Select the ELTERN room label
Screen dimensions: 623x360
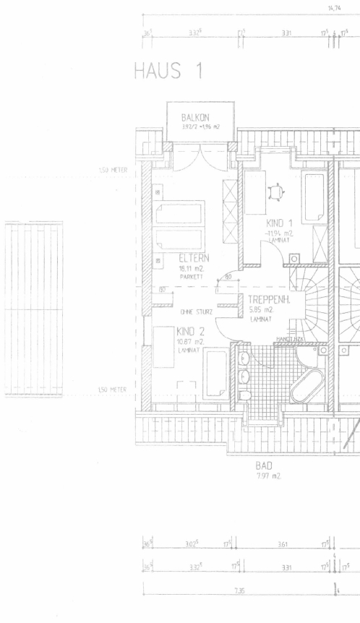coord(194,257)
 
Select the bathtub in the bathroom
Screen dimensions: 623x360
coord(309,390)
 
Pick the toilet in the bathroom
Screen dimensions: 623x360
coord(244,395)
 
